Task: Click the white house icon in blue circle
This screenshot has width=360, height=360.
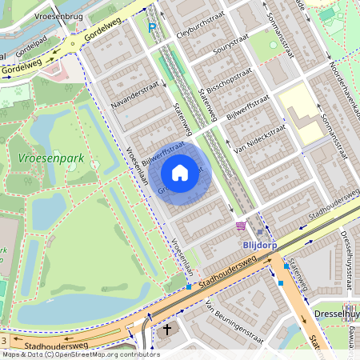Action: tap(180, 172)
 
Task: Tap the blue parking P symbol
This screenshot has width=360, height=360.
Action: tap(152, 28)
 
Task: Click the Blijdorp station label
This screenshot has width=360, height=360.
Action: tap(259, 245)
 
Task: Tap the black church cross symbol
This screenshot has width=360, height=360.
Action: tap(167, 330)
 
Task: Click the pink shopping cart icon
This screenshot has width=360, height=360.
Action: tap(242, 226)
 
